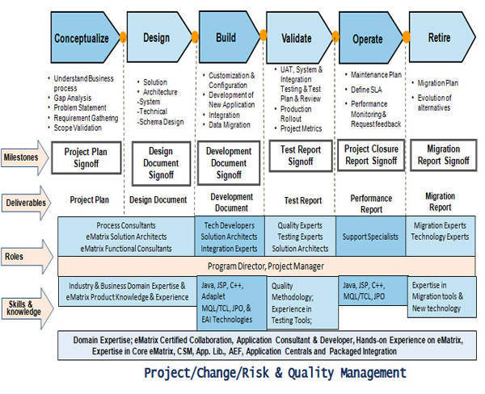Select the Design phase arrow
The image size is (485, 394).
coord(156,38)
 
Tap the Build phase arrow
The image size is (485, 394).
coord(226,38)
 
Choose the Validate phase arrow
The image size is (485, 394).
coord(296,38)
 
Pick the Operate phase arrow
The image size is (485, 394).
coord(368,38)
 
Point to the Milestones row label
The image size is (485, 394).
coord(23,157)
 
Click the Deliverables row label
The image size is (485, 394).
coord(25,203)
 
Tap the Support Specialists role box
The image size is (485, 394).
coord(371,237)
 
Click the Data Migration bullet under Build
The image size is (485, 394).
coord(231,126)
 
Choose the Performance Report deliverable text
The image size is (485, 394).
coord(371,203)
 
